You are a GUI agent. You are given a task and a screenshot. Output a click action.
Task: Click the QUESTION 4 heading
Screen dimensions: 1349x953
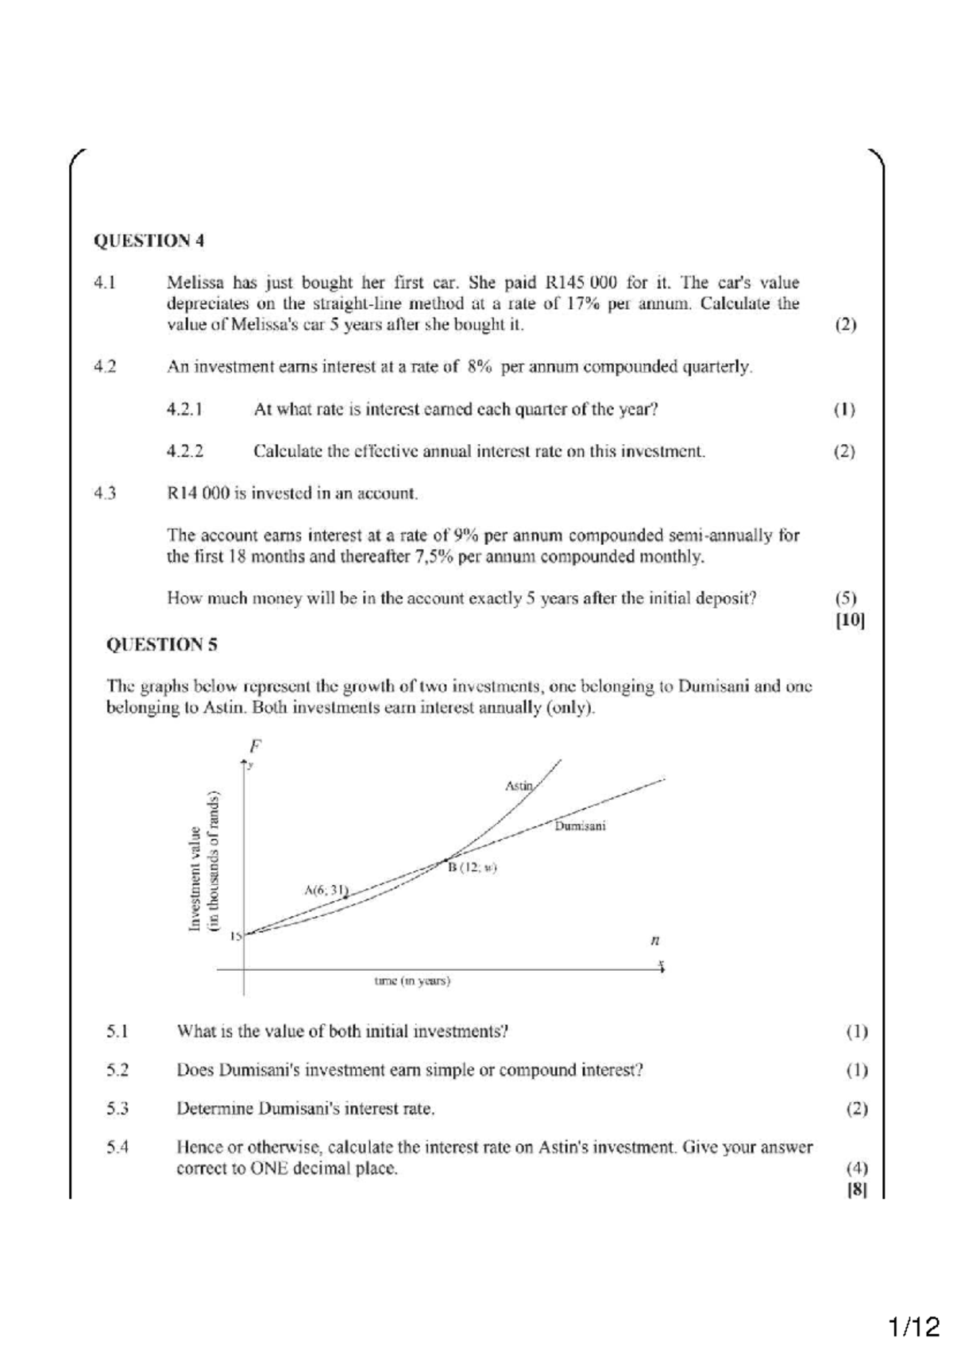[x=149, y=241]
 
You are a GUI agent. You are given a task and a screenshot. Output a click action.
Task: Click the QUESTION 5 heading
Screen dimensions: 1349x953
[x=162, y=644]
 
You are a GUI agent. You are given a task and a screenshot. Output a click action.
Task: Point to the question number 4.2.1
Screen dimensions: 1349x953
[x=184, y=410]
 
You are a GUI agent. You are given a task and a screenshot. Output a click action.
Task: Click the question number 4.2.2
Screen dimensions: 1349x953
[x=184, y=451]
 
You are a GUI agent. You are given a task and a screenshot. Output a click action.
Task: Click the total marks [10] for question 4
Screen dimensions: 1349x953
[x=849, y=620]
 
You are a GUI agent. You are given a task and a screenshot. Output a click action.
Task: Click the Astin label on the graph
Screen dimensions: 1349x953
[x=519, y=786]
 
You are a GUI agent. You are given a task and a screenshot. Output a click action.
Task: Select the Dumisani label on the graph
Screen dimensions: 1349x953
[x=580, y=826]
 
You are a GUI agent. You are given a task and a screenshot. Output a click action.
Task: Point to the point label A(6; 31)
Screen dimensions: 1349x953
[x=326, y=890]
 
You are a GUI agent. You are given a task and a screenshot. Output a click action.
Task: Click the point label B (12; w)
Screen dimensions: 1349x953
[x=472, y=868]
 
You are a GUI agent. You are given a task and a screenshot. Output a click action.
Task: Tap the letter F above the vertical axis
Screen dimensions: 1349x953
[x=255, y=746]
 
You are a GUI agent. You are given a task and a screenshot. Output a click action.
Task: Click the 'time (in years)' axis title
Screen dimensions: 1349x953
[x=412, y=981]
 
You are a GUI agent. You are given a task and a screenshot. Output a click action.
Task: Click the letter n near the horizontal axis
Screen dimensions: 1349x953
[x=655, y=941]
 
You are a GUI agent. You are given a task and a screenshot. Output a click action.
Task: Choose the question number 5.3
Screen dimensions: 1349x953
[x=118, y=1108]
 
